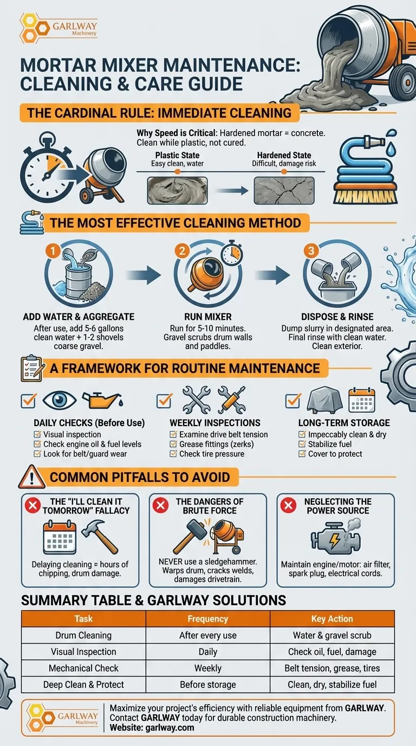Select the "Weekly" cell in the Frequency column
coord(207,668)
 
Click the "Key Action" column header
coord(332,619)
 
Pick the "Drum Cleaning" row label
coord(83,635)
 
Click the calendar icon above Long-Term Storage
coord(361,400)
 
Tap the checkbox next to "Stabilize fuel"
coord(302,444)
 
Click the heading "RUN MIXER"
coord(207,317)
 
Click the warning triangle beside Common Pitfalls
coord(31,477)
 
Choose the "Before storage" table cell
coord(207,685)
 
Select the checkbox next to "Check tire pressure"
coord(173,454)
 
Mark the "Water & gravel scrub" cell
coord(332,635)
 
